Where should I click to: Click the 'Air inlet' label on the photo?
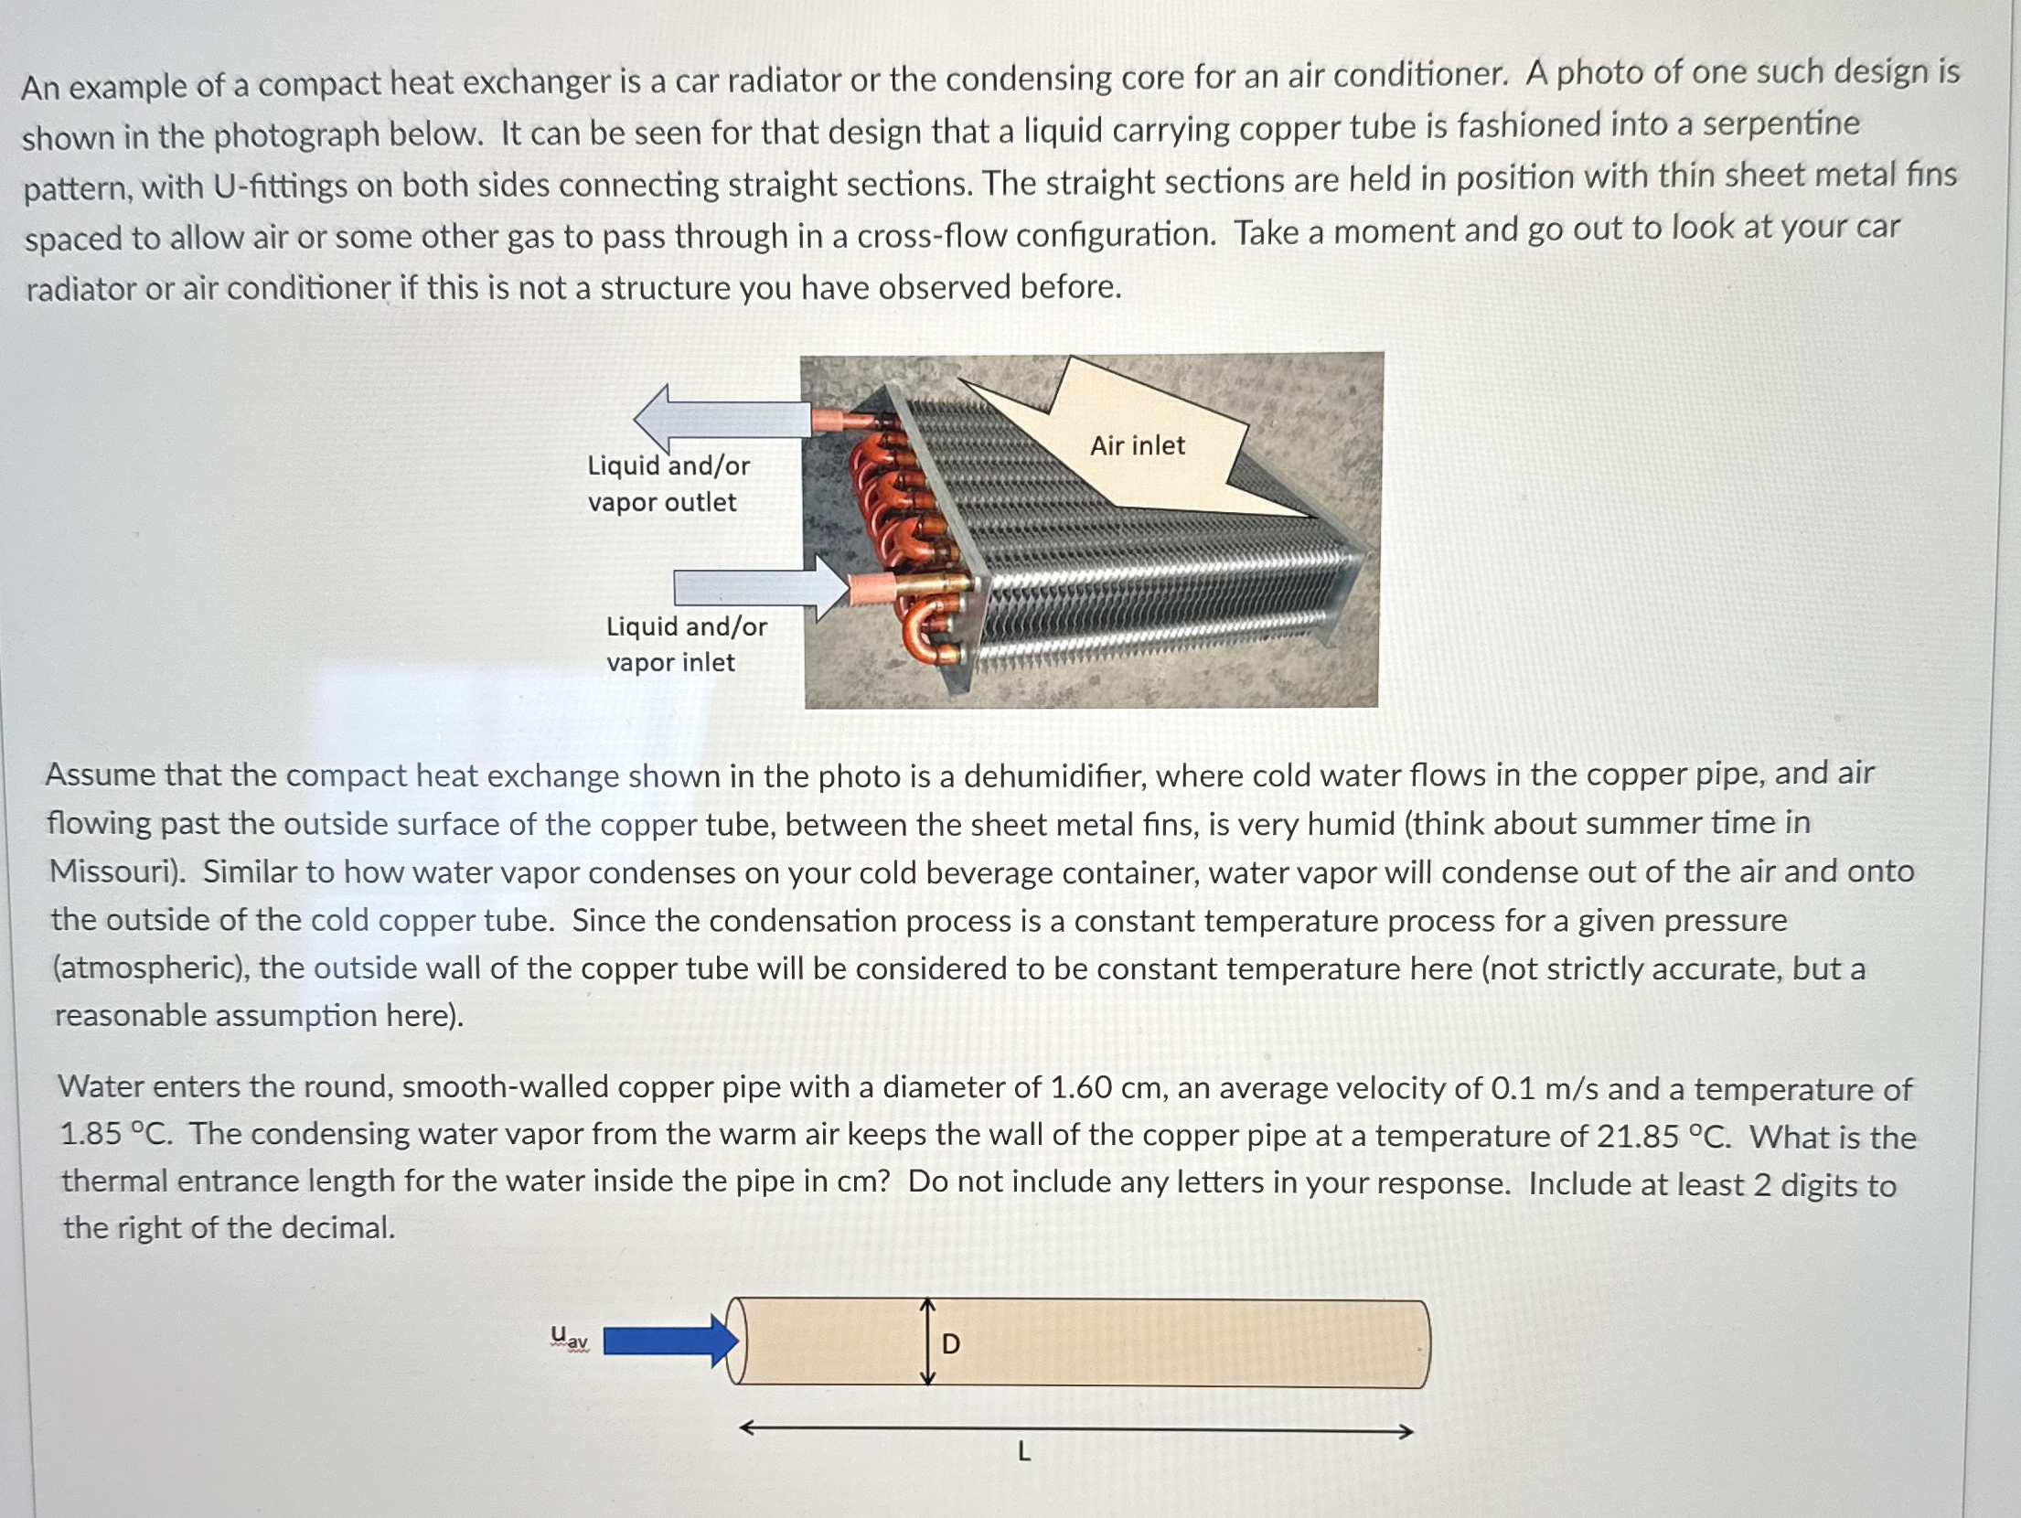pyautogui.click(x=1137, y=445)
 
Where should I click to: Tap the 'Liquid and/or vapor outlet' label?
pyautogui.click(x=668, y=484)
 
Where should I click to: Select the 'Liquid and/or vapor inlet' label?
pyautogui.click(x=686, y=645)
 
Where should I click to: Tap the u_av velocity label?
pyautogui.click(x=569, y=1340)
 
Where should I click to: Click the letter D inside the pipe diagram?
pyautogui.click(x=951, y=1343)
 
